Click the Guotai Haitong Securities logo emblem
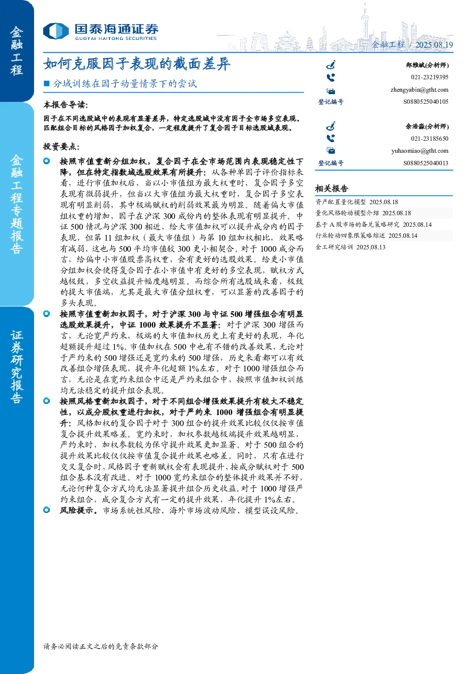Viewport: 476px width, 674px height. [x=56, y=31]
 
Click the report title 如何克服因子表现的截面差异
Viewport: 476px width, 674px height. [x=137, y=64]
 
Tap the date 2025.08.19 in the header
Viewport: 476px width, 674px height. [x=434, y=45]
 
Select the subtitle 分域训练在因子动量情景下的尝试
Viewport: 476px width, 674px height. [x=125, y=83]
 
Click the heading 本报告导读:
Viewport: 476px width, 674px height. [x=66, y=105]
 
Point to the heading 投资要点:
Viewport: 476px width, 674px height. [x=61, y=147]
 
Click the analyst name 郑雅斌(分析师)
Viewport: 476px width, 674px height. [x=427, y=65]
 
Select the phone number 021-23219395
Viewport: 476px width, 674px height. [x=430, y=77]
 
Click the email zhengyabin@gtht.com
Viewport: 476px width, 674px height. [x=419, y=90]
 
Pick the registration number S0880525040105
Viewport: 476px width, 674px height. [x=426, y=102]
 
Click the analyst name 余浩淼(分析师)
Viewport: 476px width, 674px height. [x=427, y=126]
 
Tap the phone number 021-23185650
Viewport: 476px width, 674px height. [x=430, y=139]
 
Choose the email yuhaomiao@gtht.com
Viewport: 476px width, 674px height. [x=420, y=151]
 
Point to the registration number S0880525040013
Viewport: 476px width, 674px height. [x=426, y=163]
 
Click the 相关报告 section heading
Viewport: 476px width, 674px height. [x=332, y=189]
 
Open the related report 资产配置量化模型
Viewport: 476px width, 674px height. [x=341, y=202]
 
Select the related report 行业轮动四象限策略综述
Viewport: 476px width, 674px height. [x=350, y=235]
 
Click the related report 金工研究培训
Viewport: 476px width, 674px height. [x=334, y=247]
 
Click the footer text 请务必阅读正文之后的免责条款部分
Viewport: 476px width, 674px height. [x=101, y=646]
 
